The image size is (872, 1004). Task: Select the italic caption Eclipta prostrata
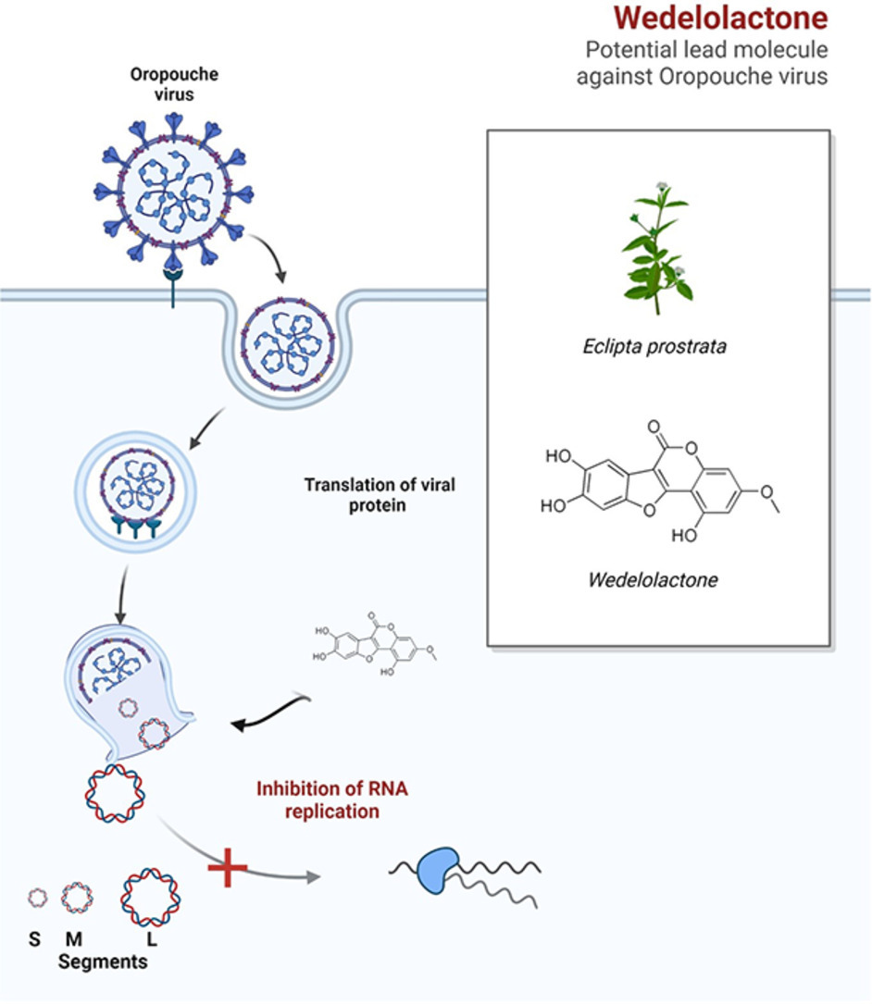point(655,348)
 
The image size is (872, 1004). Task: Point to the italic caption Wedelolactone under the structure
point(654,581)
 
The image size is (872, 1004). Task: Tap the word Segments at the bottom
point(103,962)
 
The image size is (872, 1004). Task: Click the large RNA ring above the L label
point(151,896)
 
